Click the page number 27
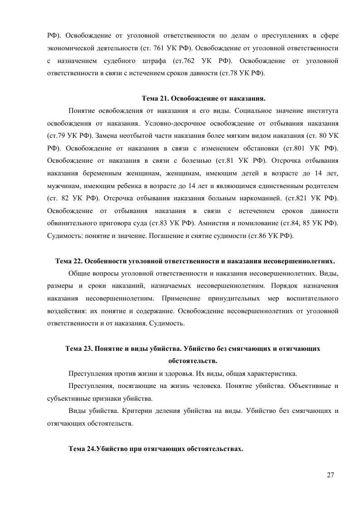coord(330,475)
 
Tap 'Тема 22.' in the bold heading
coord(69,261)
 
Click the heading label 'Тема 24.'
coord(82,449)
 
